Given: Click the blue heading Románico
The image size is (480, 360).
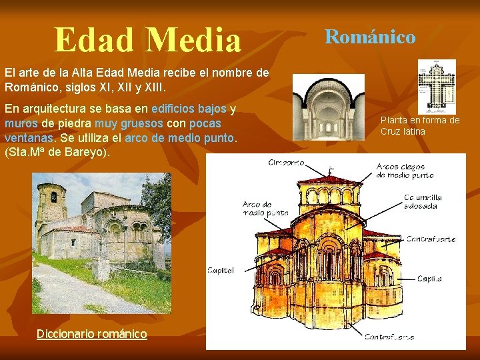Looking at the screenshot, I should coord(370,37).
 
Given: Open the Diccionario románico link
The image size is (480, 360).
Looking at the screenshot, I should coord(92,333).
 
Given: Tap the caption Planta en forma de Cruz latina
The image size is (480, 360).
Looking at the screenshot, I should coord(420,125).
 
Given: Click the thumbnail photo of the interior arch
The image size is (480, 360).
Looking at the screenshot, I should coord(328,107).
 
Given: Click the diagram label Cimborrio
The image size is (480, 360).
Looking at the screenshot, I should coord(286,162).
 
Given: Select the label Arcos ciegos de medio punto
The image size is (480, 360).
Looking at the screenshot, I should coord(405,171).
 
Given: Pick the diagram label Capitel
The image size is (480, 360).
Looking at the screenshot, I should coord(221,270).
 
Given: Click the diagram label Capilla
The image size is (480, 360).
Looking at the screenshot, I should coord(429,279).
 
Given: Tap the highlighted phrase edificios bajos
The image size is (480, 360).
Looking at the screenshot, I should coord(189,109).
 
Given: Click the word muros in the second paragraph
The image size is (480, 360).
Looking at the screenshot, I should coord(21,123).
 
